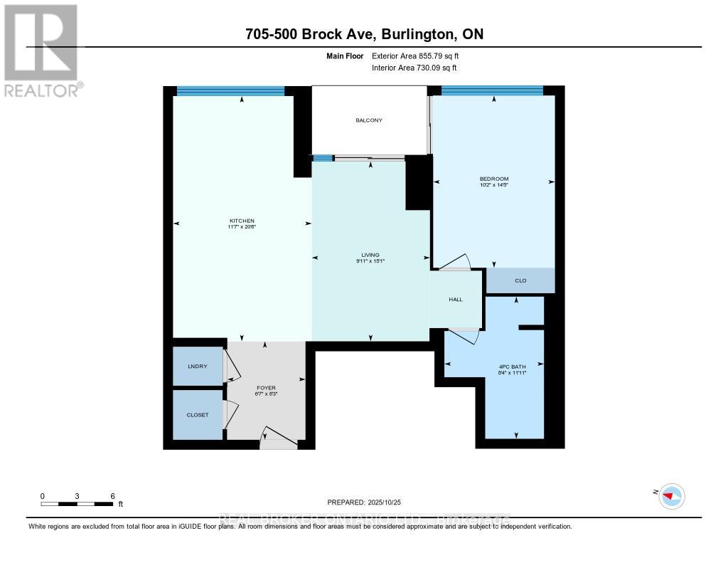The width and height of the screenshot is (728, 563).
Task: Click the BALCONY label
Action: click(x=369, y=120)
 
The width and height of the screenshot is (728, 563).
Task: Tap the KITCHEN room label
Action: click(x=242, y=221)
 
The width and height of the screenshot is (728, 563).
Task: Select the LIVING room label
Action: click(x=370, y=255)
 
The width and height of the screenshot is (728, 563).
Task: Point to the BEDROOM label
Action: click(x=493, y=179)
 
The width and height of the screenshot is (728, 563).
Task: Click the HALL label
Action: click(x=456, y=299)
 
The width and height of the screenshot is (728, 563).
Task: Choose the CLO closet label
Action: click(x=520, y=281)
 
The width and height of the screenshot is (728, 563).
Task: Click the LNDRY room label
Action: click(x=197, y=367)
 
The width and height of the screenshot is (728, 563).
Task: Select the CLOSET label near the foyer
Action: click(x=198, y=415)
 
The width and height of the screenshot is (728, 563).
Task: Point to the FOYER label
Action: click(x=266, y=389)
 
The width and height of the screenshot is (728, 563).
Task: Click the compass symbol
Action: click(x=671, y=495)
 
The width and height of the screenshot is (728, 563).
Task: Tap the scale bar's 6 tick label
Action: click(x=112, y=495)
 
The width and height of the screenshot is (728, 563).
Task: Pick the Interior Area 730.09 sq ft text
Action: click(x=414, y=68)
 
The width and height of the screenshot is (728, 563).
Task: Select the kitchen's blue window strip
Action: click(x=230, y=90)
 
